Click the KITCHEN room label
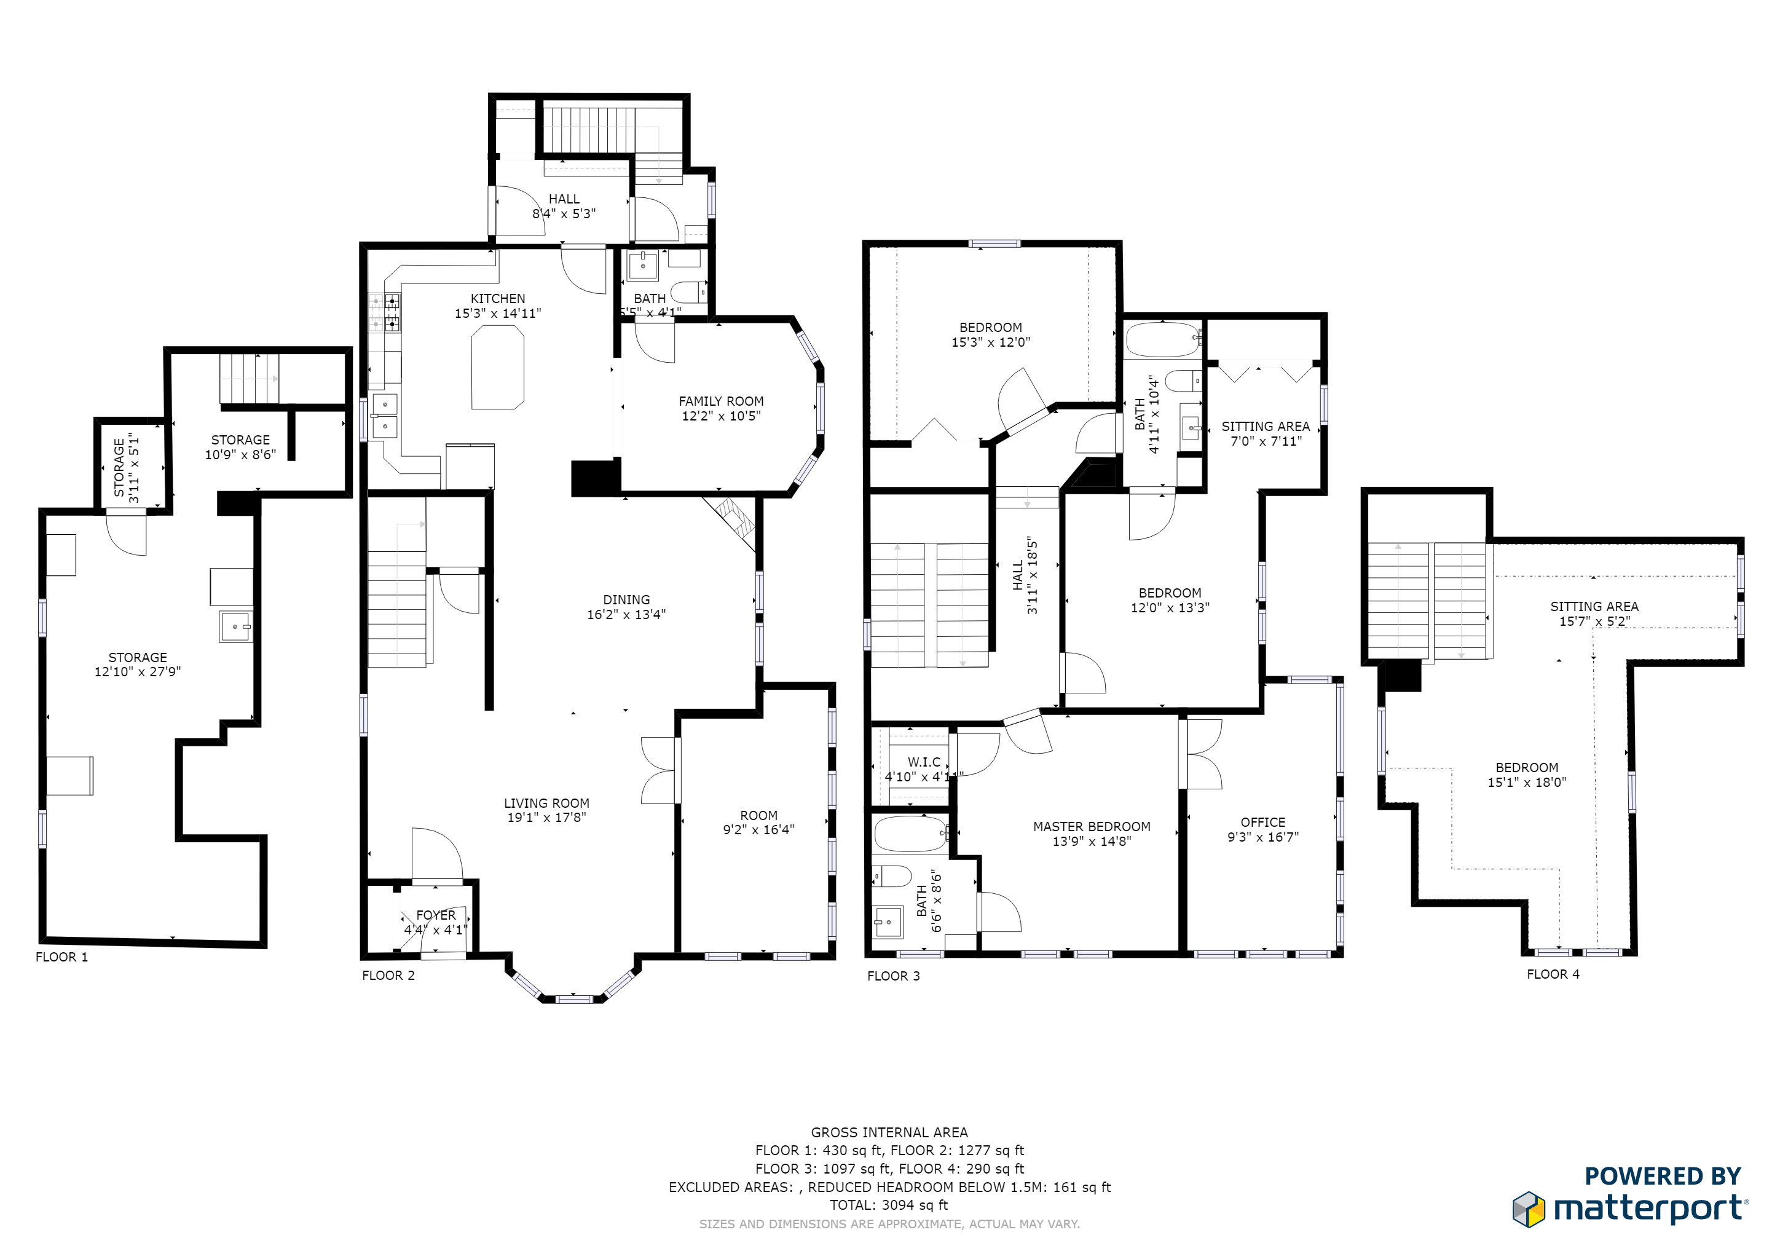tap(498, 299)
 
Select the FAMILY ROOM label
tap(721, 401)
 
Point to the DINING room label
tap(626, 600)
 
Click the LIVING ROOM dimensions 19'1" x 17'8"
tap(546, 817)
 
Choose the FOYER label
tap(436, 915)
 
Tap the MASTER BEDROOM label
tap(1092, 826)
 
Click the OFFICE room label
tap(1263, 823)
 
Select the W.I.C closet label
tap(924, 762)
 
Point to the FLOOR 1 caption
tap(62, 957)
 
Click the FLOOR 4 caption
tap(1553, 974)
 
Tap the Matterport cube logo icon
tap(1529, 1209)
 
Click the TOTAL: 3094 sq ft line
tap(889, 1205)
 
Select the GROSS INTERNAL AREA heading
tap(889, 1132)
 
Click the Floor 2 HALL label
tap(564, 199)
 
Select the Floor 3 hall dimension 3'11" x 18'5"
tap(1032, 575)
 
